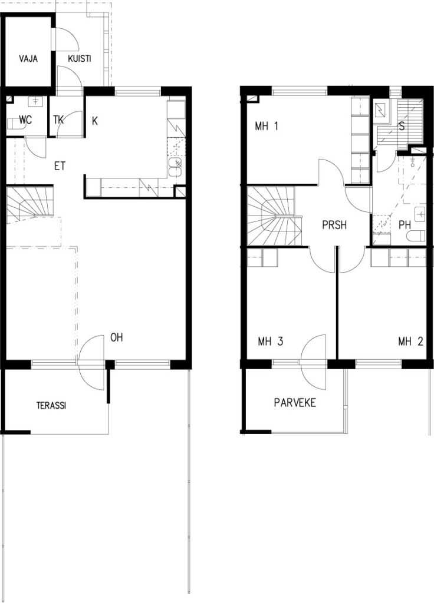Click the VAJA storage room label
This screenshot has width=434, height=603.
[x=28, y=59]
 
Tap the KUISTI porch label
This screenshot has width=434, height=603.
[x=80, y=59]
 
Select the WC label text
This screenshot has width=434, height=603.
[x=25, y=120]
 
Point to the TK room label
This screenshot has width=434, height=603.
[x=58, y=120]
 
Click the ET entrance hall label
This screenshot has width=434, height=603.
[x=60, y=167]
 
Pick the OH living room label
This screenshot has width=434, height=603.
[x=116, y=337]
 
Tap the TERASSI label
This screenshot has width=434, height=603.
[x=51, y=405]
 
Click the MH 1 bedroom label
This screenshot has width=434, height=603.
[x=267, y=127]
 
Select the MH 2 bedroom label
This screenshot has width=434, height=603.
[x=410, y=342]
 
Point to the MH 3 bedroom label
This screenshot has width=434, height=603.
[x=270, y=342]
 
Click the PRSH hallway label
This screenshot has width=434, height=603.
[x=334, y=225]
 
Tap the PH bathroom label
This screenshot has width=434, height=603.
[x=405, y=225]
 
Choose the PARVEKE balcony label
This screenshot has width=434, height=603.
[x=295, y=403]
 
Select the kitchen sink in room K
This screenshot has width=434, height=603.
[x=175, y=167]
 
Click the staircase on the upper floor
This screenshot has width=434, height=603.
[x=274, y=216]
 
